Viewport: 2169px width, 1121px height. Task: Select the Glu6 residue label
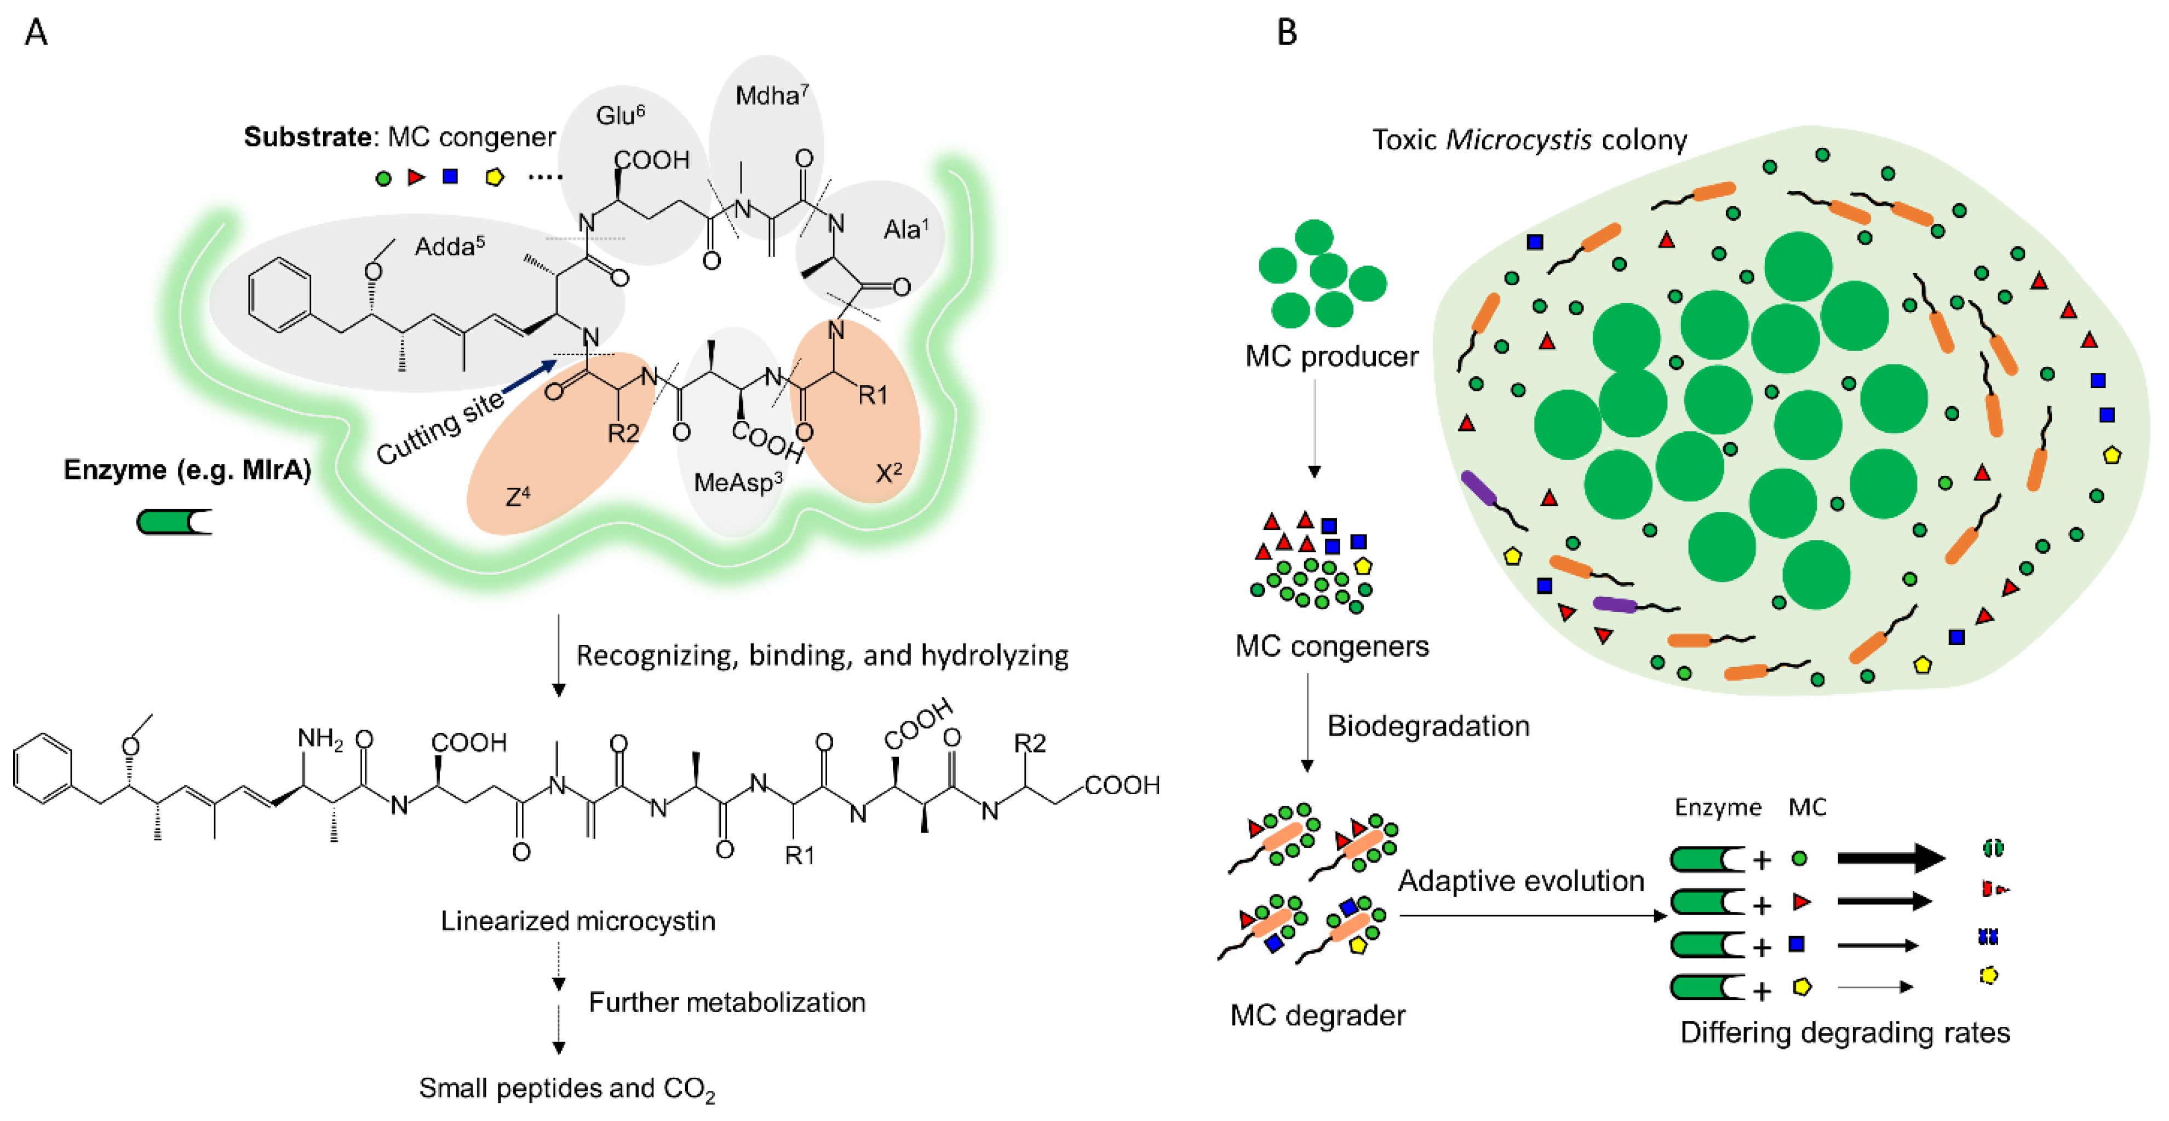click(x=619, y=115)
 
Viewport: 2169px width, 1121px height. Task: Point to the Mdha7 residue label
click(x=771, y=95)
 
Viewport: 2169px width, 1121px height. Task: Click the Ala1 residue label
click(x=905, y=229)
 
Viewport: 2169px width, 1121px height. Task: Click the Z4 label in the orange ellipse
click(x=517, y=496)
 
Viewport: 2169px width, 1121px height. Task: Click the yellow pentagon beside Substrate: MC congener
click(x=494, y=177)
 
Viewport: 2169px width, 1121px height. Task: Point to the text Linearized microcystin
click(x=578, y=921)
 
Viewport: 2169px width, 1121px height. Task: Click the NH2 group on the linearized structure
click(x=320, y=739)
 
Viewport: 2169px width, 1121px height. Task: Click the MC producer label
click(x=1331, y=356)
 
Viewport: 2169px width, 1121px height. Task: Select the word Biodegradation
click(x=1428, y=725)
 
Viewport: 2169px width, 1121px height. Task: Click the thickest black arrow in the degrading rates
click(x=1890, y=858)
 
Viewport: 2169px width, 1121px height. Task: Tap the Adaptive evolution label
click(x=1520, y=880)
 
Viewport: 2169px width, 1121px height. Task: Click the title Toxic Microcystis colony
click(x=1529, y=139)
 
